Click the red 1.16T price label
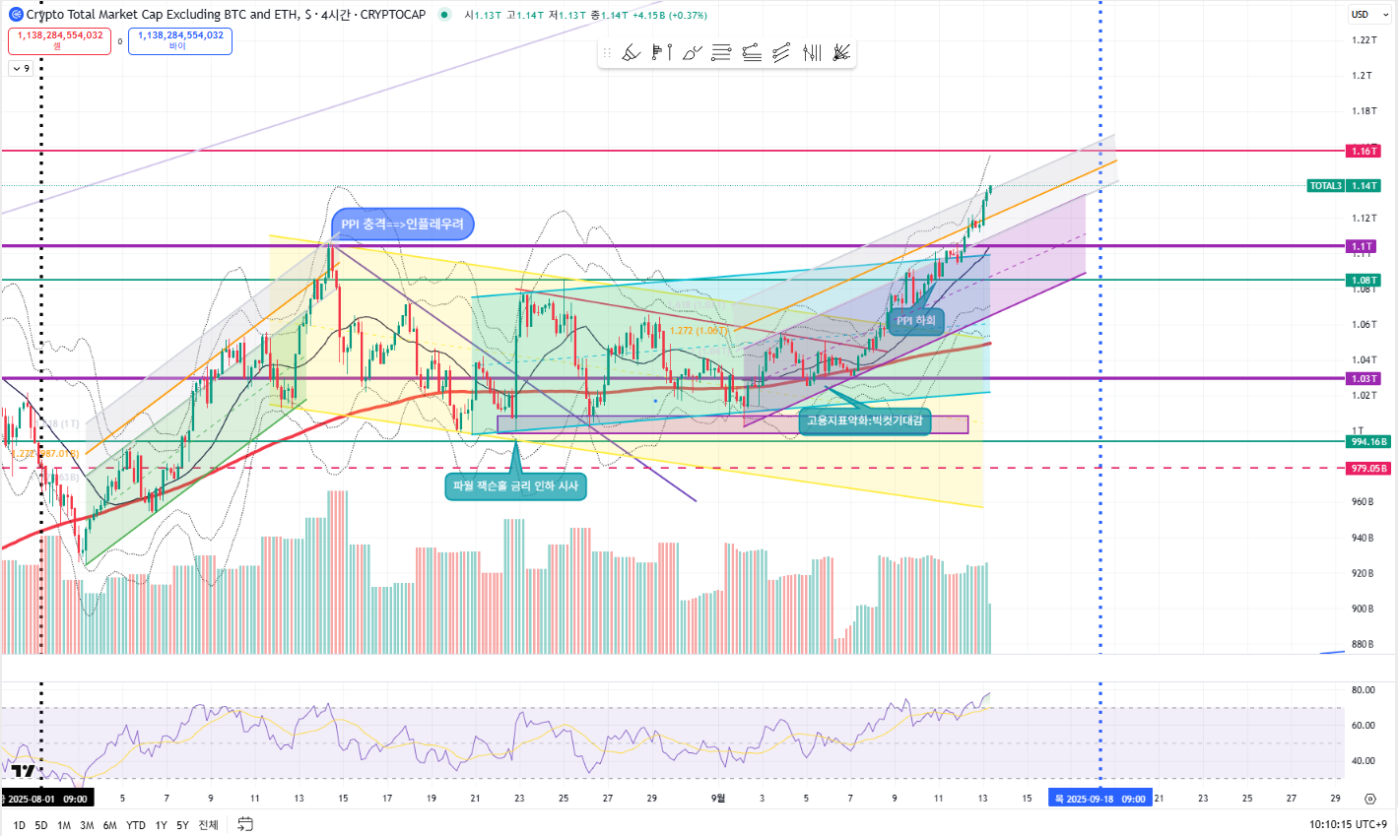pyautogui.click(x=1364, y=151)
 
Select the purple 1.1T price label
pyautogui.click(x=1363, y=246)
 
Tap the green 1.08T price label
pyautogui.click(x=1364, y=281)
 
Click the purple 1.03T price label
pyautogui.click(x=1364, y=379)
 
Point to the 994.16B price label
pyautogui.click(x=1368, y=442)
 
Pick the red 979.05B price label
pyautogui.click(x=1368, y=469)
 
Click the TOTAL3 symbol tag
pyautogui.click(x=1325, y=186)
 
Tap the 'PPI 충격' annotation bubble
pyautogui.click(x=402, y=225)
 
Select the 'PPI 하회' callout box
pyautogui.click(x=916, y=321)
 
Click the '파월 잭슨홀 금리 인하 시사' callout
pyautogui.click(x=515, y=485)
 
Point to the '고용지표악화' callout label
pyautogui.click(x=865, y=420)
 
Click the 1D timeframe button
pyautogui.click(x=19, y=825)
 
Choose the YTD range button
pyautogui.click(x=136, y=825)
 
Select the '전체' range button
pyautogui.click(x=208, y=825)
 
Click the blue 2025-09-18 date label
pyautogui.click(x=1099, y=799)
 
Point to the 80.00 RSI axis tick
pyautogui.click(x=1364, y=690)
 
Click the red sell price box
pyautogui.click(x=59, y=40)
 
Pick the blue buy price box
pyautogui.click(x=180, y=40)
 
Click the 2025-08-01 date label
pyautogui.click(x=46, y=799)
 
